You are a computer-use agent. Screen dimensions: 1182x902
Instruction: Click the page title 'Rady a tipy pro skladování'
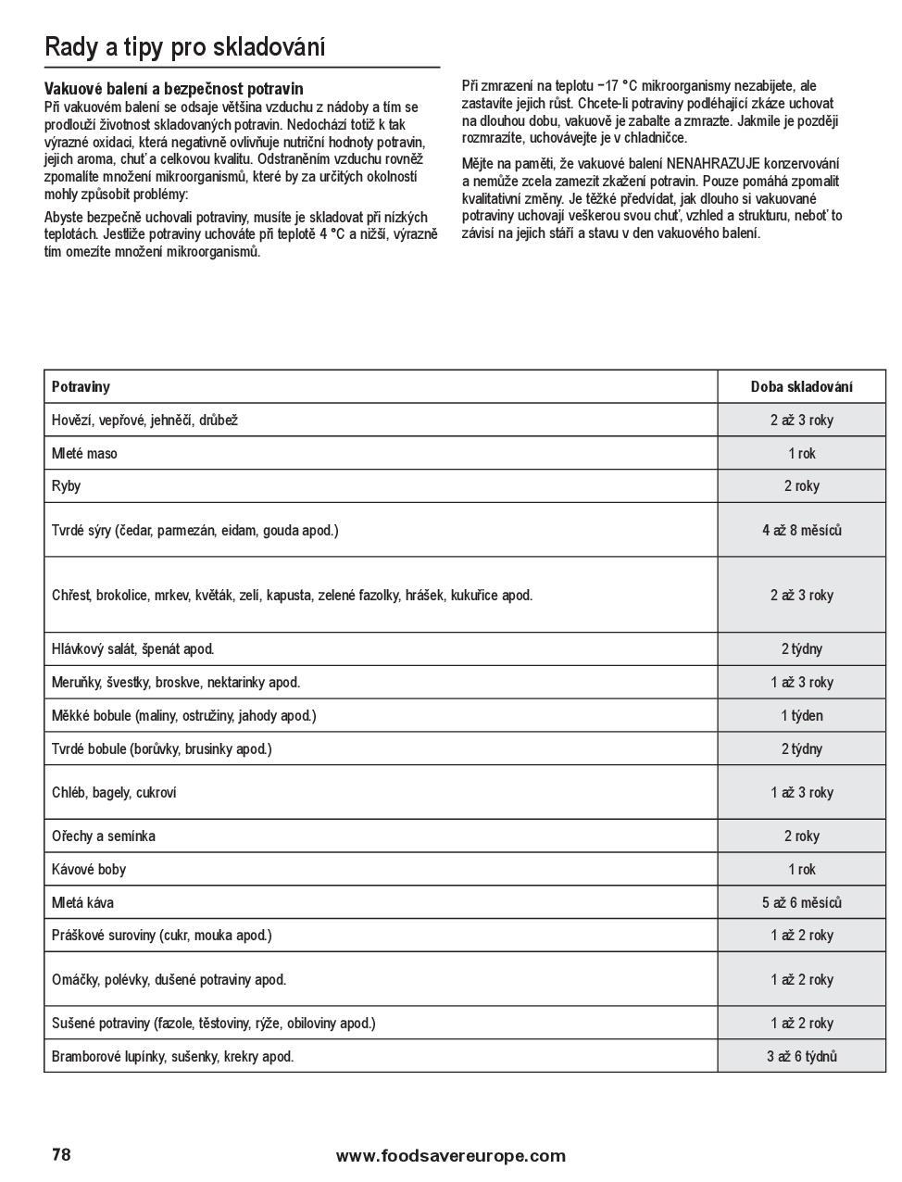pyautogui.click(x=185, y=47)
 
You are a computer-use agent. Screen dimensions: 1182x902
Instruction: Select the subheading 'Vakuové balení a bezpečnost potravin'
pyautogui.click(x=173, y=89)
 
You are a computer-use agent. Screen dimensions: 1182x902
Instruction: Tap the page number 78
pyautogui.click(x=61, y=1154)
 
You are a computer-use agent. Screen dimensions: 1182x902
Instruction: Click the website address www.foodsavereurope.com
pyautogui.click(x=450, y=1155)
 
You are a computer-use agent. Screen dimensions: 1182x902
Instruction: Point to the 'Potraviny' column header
pyautogui.click(x=81, y=386)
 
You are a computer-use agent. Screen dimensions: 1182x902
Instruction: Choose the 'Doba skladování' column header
pyautogui.click(x=801, y=386)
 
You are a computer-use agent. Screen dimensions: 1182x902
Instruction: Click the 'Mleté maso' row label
pyautogui.click(x=84, y=453)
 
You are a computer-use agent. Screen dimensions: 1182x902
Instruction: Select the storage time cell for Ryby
pyautogui.click(x=801, y=485)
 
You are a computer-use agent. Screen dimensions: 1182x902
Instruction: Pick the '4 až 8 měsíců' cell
pyautogui.click(x=801, y=530)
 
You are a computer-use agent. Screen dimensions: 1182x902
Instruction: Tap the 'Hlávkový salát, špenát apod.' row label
pyautogui.click(x=132, y=648)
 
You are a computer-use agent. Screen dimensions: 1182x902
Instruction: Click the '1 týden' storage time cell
pyautogui.click(x=801, y=715)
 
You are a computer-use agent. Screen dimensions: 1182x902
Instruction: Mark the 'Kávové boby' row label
pyautogui.click(x=89, y=869)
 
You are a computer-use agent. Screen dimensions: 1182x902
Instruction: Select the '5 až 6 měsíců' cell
pyautogui.click(x=801, y=902)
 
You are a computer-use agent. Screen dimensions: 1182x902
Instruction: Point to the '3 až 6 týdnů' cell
pyautogui.click(x=801, y=1056)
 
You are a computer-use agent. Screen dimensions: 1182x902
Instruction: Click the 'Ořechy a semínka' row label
pyautogui.click(x=104, y=836)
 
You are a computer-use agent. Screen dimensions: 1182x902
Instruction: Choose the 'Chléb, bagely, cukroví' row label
pyautogui.click(x=114, y=792)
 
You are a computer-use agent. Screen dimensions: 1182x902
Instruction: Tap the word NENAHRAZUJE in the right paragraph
pyautogui.click(x=712, y=164)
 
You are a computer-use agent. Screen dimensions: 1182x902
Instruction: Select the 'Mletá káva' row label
pyautogui.click(x=83, y=902)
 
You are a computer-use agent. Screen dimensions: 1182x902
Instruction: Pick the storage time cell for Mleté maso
pyautogui.click(x=801, y=453)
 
